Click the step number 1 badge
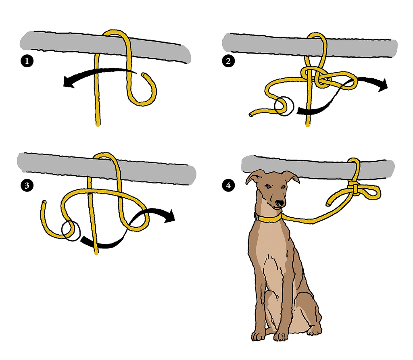tap(27, 61)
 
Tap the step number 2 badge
tap(228, 61)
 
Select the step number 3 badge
tap(27, 185)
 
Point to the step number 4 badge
tap(228, 185)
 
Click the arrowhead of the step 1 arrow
tap(69, 81)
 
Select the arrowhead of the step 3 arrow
tap(170, 216)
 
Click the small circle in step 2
tap(284, 106)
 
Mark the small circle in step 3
tap(71, 231)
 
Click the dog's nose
tap(280, 203)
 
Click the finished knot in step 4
tap(355, 187)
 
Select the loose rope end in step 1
tap(143, 75)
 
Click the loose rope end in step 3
tap(44, 202)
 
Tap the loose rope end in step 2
tap(251, 115)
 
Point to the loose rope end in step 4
tap(328, 204)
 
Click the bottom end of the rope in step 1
tap(98, 125)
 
